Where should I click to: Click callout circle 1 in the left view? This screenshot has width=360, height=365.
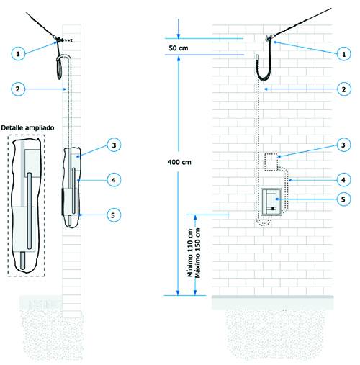(18, 53)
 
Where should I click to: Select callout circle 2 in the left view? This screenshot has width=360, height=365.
(18, 89)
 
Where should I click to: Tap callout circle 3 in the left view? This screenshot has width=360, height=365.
(114, 145)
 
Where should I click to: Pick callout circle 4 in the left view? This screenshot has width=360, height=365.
(114, 180)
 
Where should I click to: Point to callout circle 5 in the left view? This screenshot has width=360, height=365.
(113, 215)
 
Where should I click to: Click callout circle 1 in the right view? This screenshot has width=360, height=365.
(343, 53)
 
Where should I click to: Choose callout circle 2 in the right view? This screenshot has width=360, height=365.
(343, 89)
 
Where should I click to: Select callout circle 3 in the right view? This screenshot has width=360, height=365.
(343, 145)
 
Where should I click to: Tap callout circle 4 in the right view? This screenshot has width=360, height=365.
(343, 180)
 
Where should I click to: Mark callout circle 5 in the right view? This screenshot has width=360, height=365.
(343, 199)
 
